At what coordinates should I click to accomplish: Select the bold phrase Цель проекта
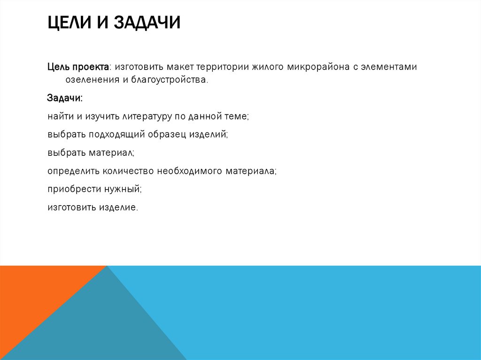(x=78, y=67)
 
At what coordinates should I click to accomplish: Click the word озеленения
(x=85, y=80)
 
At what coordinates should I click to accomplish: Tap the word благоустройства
(x=169, y=80)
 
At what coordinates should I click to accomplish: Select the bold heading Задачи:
(x=65, y=99)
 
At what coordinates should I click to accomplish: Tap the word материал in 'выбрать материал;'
(x=109, y=153)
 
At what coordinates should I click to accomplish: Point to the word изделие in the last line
(x=119, y=207)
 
